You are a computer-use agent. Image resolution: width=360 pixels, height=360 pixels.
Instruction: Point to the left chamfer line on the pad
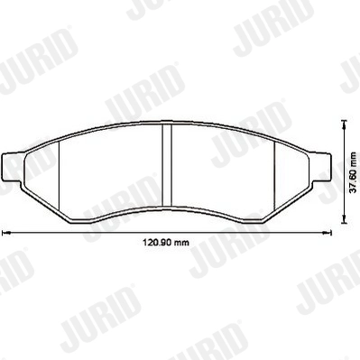[x=59, y=177]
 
